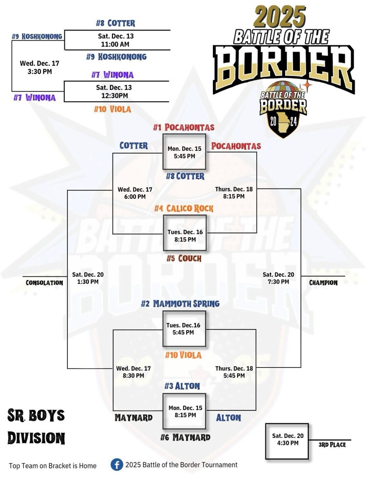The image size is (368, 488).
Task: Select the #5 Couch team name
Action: pos(184,258)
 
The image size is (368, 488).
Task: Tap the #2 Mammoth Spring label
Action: pos(180,304)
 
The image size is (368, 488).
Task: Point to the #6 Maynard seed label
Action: pos(185,437)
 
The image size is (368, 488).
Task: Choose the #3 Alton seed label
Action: pos(182,386)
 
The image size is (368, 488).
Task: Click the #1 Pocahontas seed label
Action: pos(184,128)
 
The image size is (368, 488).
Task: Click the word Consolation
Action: pos(44,283)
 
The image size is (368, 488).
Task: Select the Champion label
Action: pos(323,283)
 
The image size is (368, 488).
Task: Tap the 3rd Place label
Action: pos(332,445)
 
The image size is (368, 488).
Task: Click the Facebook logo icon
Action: pos(116,464)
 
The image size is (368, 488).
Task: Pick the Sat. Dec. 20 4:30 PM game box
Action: pos(287,440)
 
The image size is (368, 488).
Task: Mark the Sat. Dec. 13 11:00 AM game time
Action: pos(116,40)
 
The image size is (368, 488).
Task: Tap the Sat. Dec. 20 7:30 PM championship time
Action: pos(278,278)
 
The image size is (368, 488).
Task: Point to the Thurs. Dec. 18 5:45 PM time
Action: pos(234,372)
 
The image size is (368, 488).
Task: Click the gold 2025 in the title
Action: pos(280,17)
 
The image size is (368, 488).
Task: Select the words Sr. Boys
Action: pos(36,415)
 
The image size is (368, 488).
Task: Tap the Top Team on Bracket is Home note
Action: pos(53,465)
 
